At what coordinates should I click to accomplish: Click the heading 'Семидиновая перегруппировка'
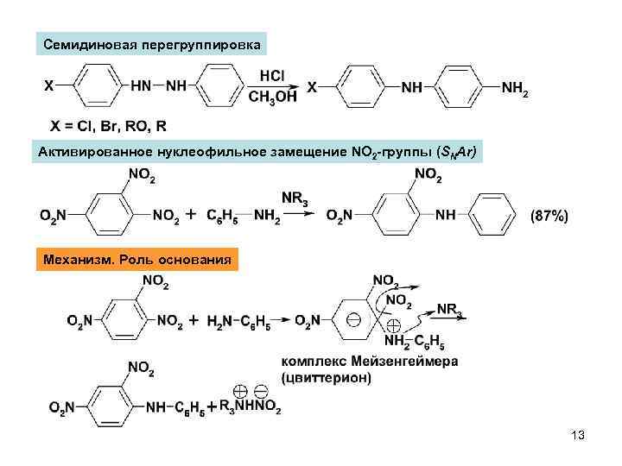click(x=152, y=44)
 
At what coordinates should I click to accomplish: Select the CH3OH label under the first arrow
click(x=270, y=97)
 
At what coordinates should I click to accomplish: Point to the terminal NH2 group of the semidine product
click(x=516, y=88)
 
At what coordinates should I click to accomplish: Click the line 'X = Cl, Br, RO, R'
click(x=109, y=127)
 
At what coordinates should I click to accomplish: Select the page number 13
click(x=578, y=436)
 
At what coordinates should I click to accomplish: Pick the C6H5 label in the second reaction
click(x=225, y=216)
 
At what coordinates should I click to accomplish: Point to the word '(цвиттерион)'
click(x=327, y=377)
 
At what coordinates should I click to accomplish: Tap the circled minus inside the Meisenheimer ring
click(x=355, y=319)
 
